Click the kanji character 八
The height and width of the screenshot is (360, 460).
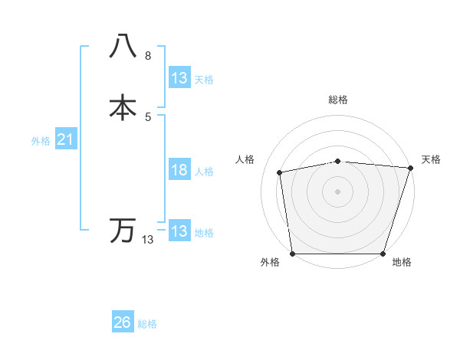[x=123, y=47]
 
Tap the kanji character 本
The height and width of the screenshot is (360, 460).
[x=123, y=107]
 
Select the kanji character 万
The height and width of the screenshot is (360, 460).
[x=123, y=231]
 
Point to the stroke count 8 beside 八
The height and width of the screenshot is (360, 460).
[x=148, y=57]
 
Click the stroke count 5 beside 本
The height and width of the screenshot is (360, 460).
[x=148, y=116]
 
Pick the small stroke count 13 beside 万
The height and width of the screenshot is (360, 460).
[x=148, y=240]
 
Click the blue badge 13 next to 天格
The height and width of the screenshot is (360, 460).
[x=179, y=78]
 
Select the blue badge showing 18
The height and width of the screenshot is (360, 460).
[x=179, y=170]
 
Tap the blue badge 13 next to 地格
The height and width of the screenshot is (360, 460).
[x=179, y=231]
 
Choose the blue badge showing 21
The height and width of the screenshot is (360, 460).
[x=65, y=139]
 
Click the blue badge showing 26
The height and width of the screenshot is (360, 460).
[x=122, y=322]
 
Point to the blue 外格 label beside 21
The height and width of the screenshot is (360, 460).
[x=41, y=141]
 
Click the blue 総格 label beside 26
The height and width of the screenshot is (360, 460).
[x=147, y=324]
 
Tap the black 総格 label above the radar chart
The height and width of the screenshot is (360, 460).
[x=338, y=100]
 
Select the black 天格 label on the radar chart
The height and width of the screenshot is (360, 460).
[x=431, y=159]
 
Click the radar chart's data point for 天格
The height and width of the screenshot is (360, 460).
[x=410, y=168]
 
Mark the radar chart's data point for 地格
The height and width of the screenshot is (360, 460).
[x=383, y=254]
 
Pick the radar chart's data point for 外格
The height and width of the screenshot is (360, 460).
[x=292, y=254]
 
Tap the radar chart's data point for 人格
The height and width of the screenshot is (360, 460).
[x=280, y=172]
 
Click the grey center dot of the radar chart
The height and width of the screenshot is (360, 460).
[x=338, y=191]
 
